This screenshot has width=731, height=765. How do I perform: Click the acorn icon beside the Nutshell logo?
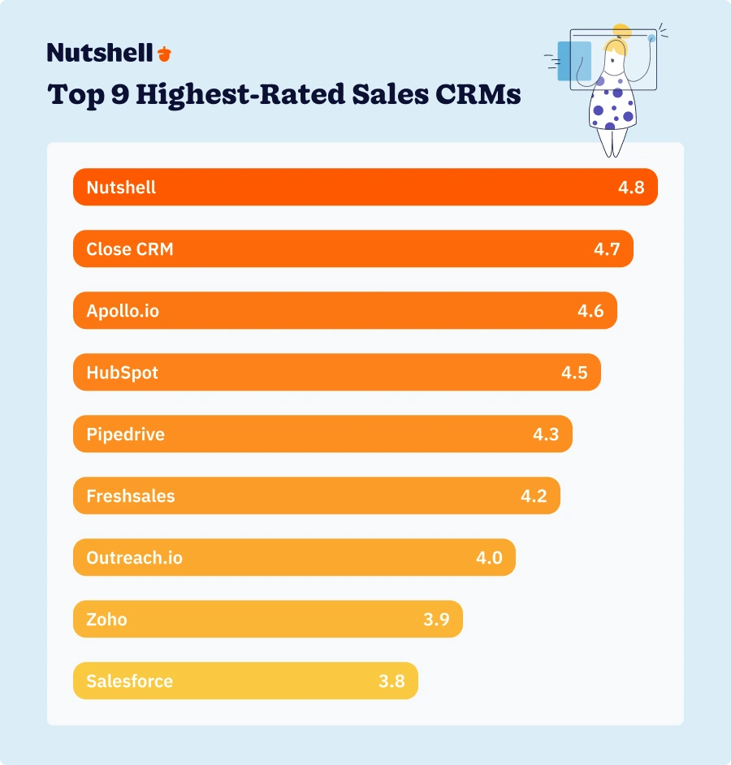point(165,54)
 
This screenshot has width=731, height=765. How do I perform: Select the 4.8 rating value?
point(631,188)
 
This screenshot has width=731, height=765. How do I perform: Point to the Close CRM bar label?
point(130,249)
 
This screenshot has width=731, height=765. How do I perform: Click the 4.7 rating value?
point(607,249)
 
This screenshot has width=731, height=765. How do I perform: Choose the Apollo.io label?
point(123,311)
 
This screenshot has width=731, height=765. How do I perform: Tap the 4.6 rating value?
point(590,311)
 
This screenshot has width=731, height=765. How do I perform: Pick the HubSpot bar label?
point(122,373)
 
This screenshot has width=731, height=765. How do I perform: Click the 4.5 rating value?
point(574,373)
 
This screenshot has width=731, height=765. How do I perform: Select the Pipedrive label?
point(125,434)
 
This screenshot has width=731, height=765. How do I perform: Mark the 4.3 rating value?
point(546,434)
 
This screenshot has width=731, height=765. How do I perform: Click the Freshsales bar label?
point(130,496)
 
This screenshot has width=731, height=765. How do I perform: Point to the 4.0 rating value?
point(489,558)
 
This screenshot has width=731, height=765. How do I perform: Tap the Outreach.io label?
point(134,558)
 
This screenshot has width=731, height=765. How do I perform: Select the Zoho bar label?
point(106,620)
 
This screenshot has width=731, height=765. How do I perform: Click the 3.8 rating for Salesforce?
point(391,681)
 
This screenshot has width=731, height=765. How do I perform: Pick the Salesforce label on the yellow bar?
point(129,681)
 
